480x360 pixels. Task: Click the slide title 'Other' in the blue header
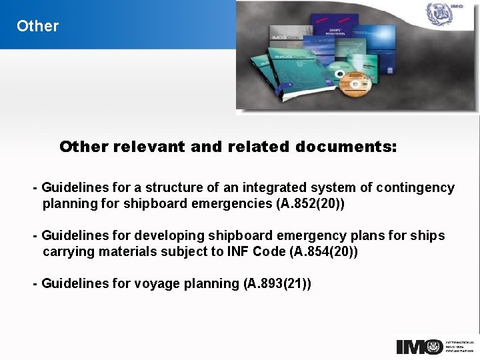tap(37, 26)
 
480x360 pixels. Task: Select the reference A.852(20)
tap(309, 204)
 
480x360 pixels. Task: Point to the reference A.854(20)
tap(323, 252)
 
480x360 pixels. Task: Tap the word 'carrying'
tap(67, 252)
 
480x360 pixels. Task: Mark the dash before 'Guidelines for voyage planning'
tap(35, 283)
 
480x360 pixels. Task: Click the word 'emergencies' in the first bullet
tap(235, 204)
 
